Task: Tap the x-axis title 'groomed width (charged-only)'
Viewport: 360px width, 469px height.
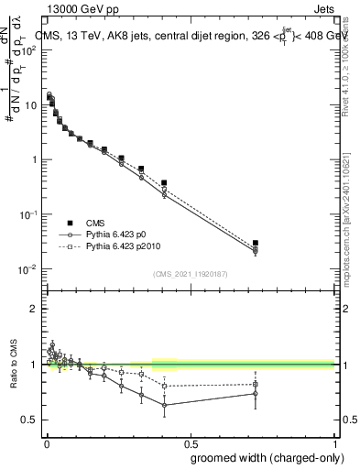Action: point(262,458)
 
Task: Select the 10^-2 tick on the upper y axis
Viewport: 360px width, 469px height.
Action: point(27,269)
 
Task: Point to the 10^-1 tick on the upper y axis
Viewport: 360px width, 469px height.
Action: point(27,214)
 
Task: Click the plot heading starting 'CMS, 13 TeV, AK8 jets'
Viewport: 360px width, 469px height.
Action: point(183,35)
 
